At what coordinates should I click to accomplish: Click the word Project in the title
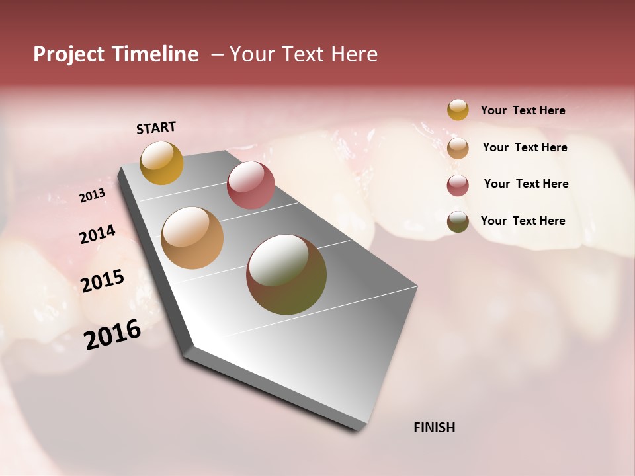tap(69, 54)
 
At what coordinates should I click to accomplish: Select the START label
tap(156, 128)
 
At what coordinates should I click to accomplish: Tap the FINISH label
tap(434, 428)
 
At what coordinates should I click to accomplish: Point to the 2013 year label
tap(92, 196)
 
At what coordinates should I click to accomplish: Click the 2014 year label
tap(97, 235)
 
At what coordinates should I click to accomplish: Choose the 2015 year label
tap(103, 281)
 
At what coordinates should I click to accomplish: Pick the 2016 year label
tap(112, 335)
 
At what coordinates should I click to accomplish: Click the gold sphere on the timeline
tap(161, 163)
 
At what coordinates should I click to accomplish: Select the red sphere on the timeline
tap(251, 185)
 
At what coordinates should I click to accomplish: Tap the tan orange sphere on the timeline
tap(192, 238)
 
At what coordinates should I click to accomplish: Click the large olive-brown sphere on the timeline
tap(286, 274)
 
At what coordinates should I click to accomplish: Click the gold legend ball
tap(458, 110)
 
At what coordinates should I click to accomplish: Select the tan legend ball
tap(458, 148)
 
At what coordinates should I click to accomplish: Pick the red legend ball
tap(458, 185)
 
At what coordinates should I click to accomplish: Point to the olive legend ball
tap(458, 222)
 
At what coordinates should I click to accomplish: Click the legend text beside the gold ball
tap(523, 110)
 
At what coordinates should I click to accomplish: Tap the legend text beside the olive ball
tap(523, 221)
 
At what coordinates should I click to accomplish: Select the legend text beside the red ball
tap(526, 184)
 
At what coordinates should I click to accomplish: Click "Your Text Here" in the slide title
tap(303, 54)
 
